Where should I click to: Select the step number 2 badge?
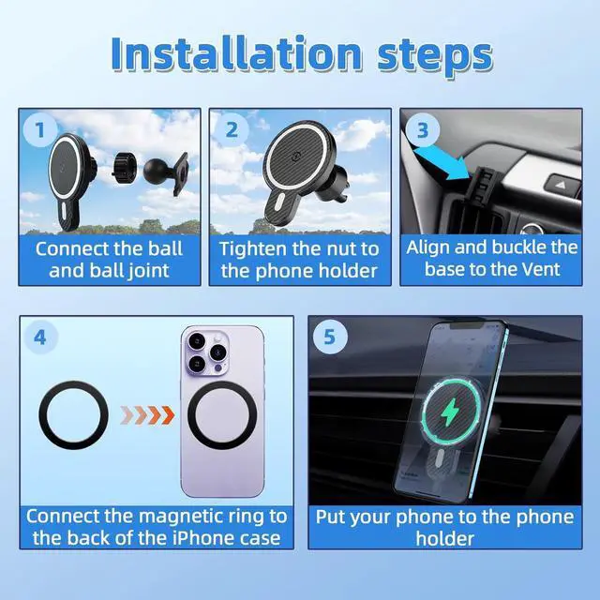click(230, 131)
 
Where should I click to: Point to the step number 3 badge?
click(422, 131)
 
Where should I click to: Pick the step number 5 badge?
click(329, 337)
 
